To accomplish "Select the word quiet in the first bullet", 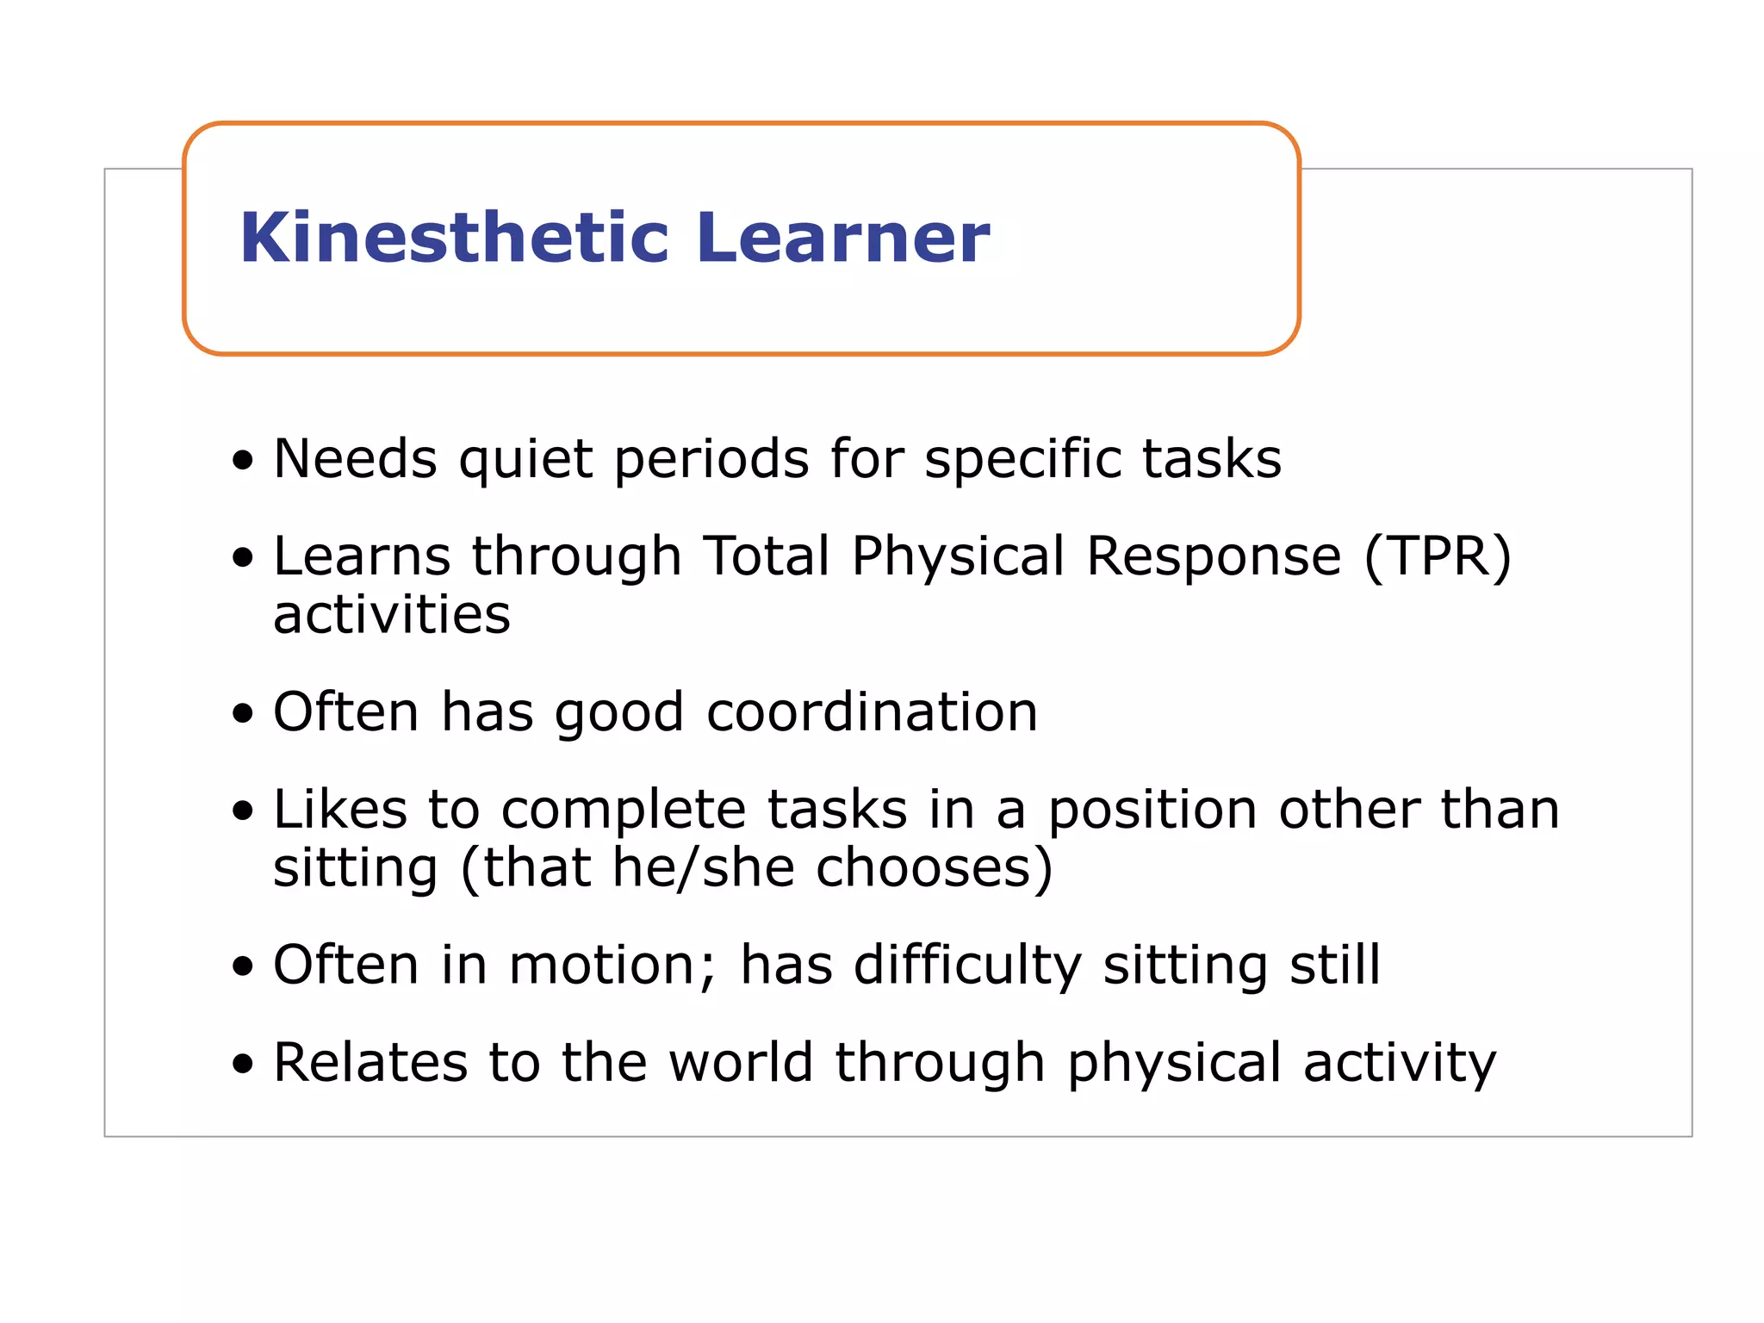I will tap(525, 459).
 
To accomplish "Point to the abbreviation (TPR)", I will tap(1438, 556).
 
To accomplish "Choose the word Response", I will tap(1214, 556).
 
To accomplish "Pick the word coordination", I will tap(872, 712).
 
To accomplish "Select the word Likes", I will tap(340, 810).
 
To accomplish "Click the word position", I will tap(1152, 811).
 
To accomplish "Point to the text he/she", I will tap(703, 867).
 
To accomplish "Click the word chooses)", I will tap(935, 867).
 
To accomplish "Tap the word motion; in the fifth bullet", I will tap(612, 965).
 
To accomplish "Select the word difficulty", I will tap(967, 966).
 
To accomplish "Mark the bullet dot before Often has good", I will tap(244, 714).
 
